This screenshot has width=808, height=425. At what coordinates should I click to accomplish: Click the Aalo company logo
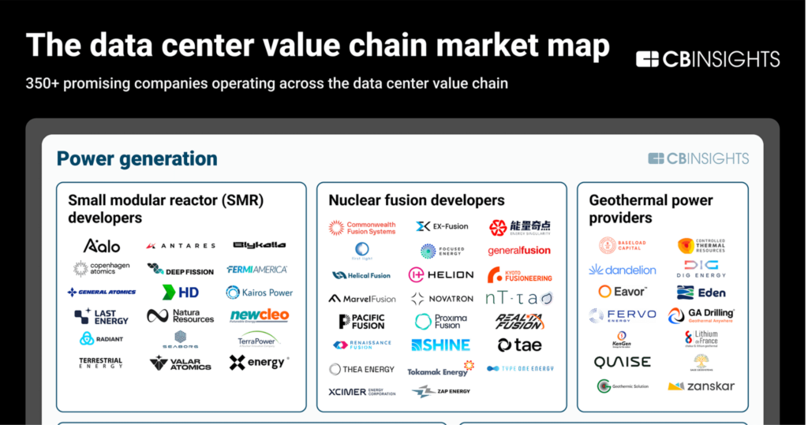(101, 245)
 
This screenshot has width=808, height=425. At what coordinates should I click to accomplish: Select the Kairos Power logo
(259, 293)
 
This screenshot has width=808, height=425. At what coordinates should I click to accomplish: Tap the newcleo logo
(259, 315)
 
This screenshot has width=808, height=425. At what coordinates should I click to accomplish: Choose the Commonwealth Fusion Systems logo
(362, 228)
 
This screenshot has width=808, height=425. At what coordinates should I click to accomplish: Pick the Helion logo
(440, 274)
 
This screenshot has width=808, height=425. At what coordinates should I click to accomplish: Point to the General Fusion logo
(519, 251)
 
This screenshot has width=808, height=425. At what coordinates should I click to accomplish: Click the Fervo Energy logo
(623, 315)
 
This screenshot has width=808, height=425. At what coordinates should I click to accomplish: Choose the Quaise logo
(623, 363)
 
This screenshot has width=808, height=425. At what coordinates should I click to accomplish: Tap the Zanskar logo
(701, 386)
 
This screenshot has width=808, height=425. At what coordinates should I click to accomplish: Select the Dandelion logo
(623, 270)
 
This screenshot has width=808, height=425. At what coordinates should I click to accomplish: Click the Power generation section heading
(137, 158)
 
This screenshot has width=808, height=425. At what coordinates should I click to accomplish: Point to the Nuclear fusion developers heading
(416, 200)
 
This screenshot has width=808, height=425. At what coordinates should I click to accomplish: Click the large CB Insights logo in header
(708, 59)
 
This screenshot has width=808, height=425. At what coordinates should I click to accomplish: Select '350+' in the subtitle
(43, 83)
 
